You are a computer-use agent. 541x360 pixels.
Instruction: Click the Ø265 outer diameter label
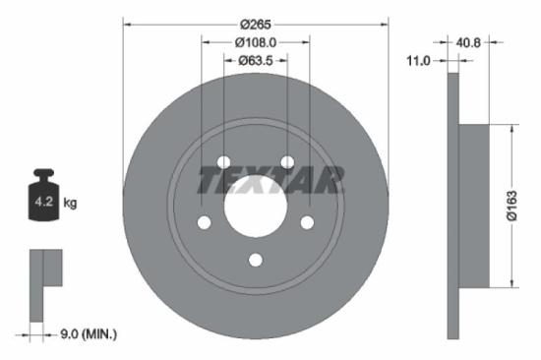(x=255, y=23)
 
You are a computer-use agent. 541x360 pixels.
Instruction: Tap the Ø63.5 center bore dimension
(x=255, y=61)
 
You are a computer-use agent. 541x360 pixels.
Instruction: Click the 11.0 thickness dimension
(x=419, y=61)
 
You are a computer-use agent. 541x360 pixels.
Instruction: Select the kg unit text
(x=70, y=203)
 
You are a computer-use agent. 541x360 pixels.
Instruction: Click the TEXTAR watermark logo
(x=270, y=180)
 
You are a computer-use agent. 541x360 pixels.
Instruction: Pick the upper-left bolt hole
(x=223, y=162)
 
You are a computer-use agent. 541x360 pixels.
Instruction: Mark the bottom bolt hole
(x=255, y=260)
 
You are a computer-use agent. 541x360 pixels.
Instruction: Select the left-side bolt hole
(x=204, y=222)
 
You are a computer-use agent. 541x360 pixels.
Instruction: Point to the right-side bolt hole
(x=306, y=222)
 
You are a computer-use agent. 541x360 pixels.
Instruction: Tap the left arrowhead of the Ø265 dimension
(x=125, y=23)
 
